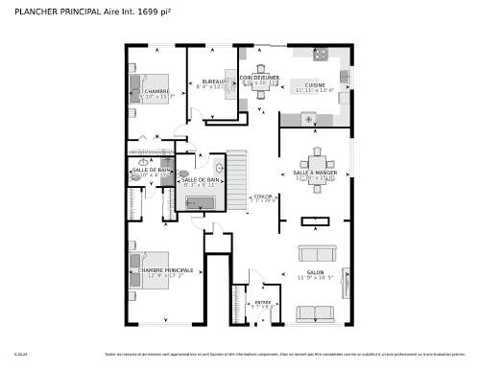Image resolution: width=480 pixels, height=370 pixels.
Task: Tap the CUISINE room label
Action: (x=315, y=85)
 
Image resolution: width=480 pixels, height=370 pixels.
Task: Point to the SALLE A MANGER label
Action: (x=314, y=173)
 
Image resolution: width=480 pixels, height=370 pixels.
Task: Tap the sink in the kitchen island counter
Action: (x=307, y=119)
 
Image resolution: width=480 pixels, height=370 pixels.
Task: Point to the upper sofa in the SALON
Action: (x=316, y=253)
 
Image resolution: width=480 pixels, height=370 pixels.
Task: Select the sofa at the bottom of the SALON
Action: (x=314, y=313)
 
